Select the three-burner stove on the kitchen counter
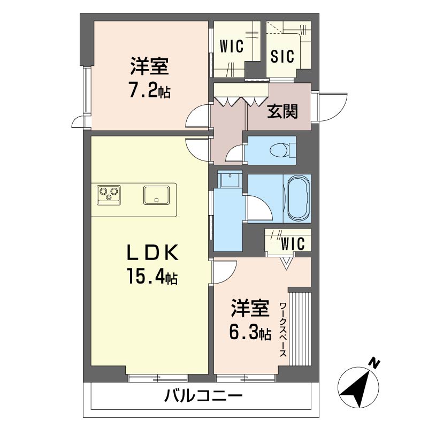[109, 195]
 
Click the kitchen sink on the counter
[156, 195]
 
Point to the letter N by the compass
[374, 363]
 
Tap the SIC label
[282, 56]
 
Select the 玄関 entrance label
[282, 111]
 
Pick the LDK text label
[152, 253]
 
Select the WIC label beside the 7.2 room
[232, 47]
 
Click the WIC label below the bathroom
[293, 243]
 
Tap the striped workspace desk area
[300, 328]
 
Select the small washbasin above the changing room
[230, 179]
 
